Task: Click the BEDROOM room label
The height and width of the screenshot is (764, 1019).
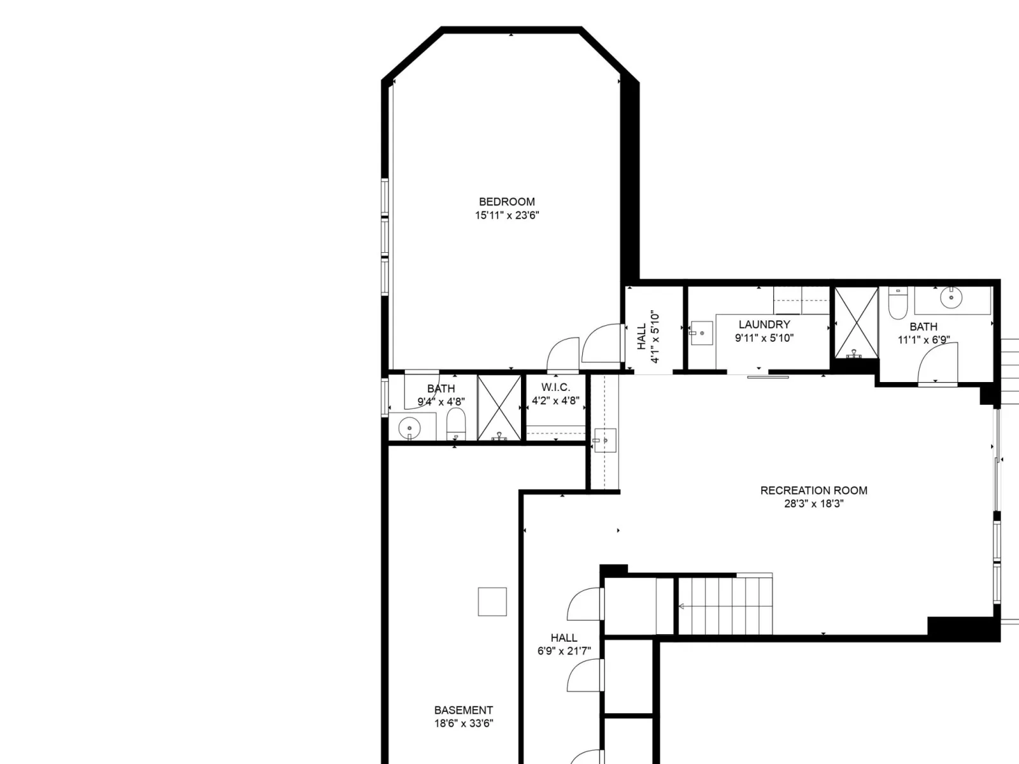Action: pyautogui.click(x=506, y=202)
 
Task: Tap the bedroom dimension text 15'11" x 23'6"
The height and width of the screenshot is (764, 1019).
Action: pyautogui.click(x=506, y=215)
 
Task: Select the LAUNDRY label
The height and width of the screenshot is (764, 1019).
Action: pyautogui.click(x=764, y=324)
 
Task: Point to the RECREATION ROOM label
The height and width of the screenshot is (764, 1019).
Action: pyautogui.click(x=813, y=490)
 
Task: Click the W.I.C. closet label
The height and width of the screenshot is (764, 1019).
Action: pyautogui.click(x=555, y=387)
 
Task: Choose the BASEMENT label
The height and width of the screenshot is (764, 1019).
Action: pyautogui.click(x=463, y=710)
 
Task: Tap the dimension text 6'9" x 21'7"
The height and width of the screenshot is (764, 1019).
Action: pyautogui.click(x=564, y=651)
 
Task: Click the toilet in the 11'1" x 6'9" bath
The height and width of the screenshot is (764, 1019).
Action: pyautogui.click(x=897, y=303)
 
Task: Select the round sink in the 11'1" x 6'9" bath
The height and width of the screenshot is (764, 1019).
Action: pyautogui.click(x=951, y=297)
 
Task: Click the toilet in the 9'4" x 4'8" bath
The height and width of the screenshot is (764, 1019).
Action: pyautogui.click(x=456, y=424)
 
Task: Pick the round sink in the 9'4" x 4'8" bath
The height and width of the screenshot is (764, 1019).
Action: pyautogui.click(x=410, y=428)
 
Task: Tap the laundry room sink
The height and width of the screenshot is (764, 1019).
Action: pyautogui.click(x=701, y=333)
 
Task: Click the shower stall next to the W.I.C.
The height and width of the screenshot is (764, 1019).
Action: pyautogui.click(x=499, y=407)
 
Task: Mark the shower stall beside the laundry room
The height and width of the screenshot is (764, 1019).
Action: pyautogui.click(x=856, y=323)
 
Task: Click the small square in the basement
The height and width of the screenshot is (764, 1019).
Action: pyautogui.click(x=492, y=602)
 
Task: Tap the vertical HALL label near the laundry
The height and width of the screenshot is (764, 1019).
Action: pyautogui.click(x=641, y=336)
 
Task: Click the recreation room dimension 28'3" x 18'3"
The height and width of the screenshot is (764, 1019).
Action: pyautogui.click(x=813, y=504)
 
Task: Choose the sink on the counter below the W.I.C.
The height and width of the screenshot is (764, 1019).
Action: pyautogui.click(x=605, y=440)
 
